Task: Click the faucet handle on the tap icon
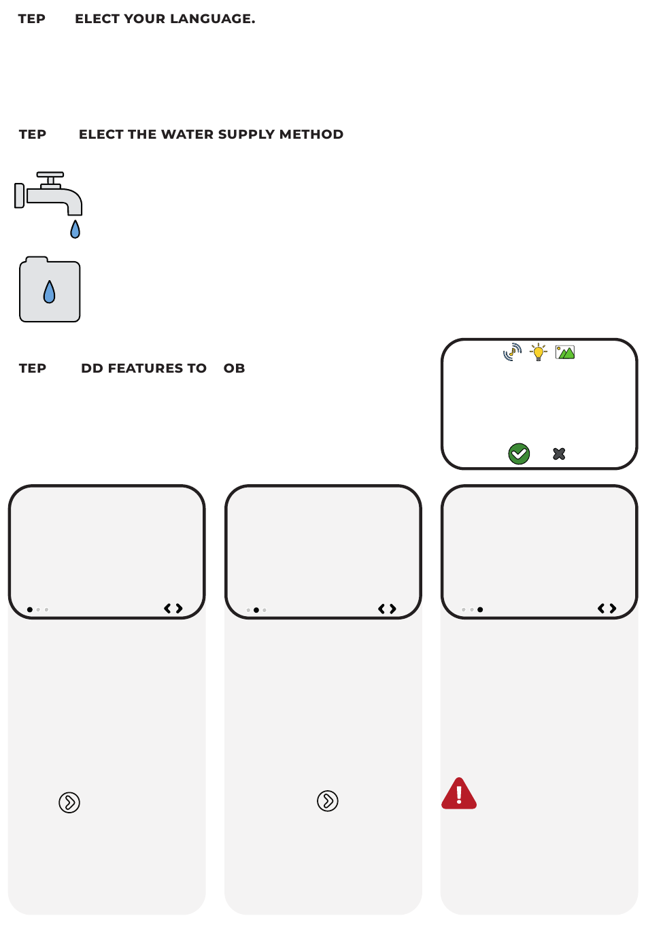50,175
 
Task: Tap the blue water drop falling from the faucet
75,229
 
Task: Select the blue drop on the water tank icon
49,292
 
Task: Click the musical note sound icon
512,352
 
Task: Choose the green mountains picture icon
565,352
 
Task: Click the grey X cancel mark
559,454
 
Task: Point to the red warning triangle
459,794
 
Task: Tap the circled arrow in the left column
69,802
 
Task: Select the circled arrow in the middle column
328,800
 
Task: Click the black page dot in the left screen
29,609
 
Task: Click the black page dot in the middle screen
256,610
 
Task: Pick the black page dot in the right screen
480,609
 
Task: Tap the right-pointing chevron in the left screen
180,609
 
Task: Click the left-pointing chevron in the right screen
601,609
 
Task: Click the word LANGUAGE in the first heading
212,19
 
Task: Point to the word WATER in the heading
188,134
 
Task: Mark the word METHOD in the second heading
311,134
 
